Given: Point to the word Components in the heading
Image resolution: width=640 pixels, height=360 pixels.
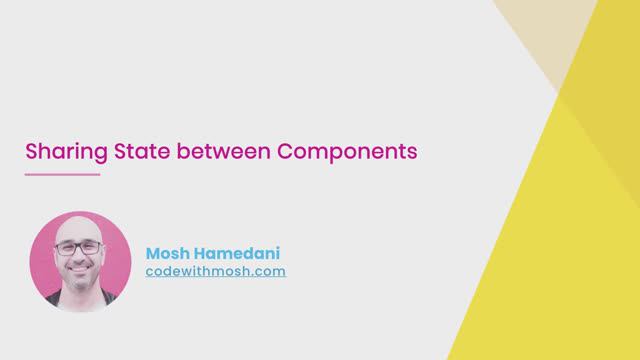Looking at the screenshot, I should pos(346,153).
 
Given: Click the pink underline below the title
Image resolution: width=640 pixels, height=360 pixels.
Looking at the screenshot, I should pos(62,175).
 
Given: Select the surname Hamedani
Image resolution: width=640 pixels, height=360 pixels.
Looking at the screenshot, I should pos(240,253).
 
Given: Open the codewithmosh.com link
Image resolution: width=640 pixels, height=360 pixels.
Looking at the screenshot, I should pos(216,271).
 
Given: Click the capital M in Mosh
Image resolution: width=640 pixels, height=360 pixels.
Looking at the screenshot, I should pos(153,253).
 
